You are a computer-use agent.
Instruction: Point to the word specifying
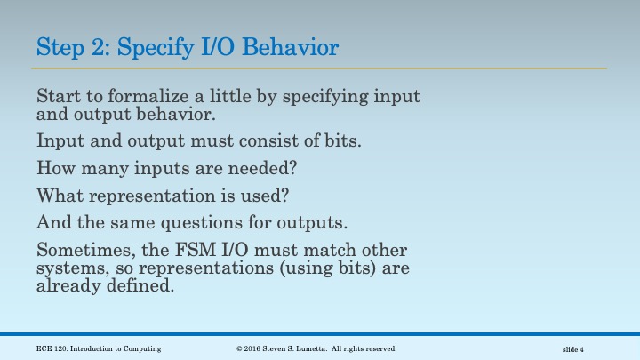[319, 96]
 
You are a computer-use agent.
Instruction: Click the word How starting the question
[53, 166]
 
